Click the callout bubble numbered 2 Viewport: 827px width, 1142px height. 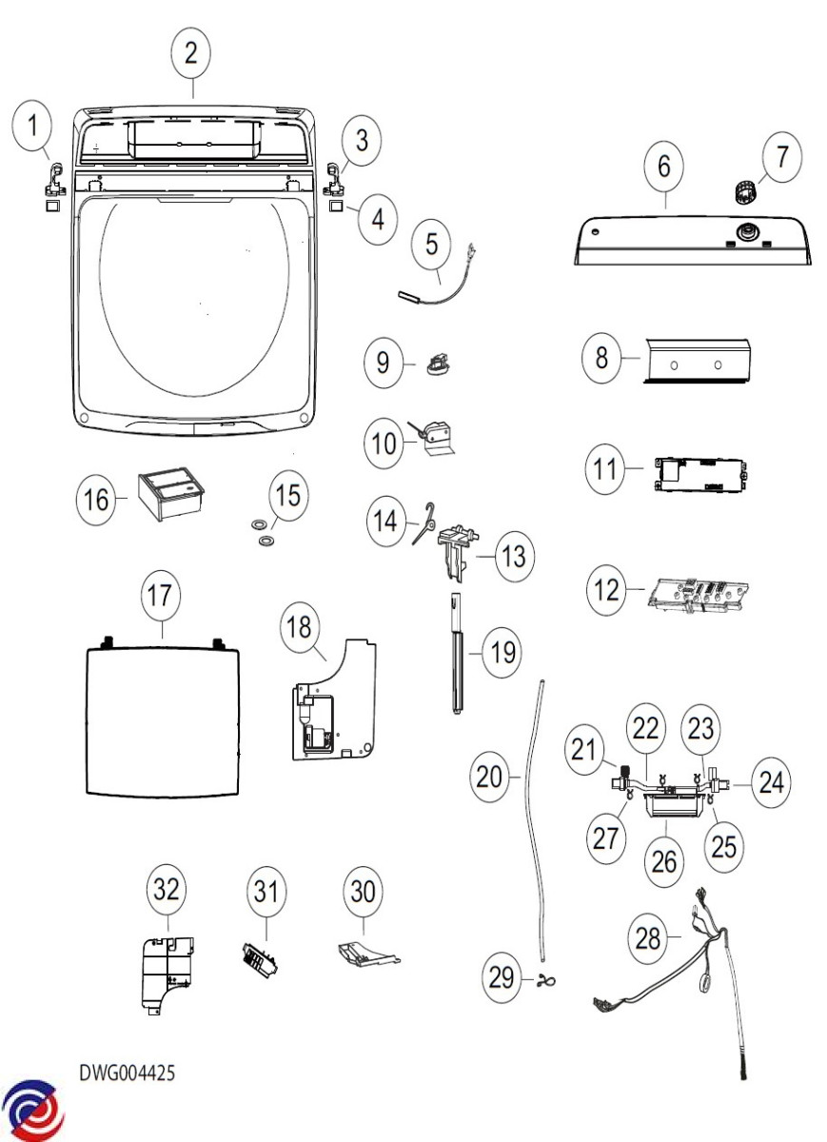[191, 53]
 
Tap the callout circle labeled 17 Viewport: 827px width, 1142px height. [160, 597]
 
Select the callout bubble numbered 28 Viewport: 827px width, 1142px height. [648, 938]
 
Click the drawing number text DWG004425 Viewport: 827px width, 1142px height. [127, 1073]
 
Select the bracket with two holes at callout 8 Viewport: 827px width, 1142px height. [698, 363]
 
